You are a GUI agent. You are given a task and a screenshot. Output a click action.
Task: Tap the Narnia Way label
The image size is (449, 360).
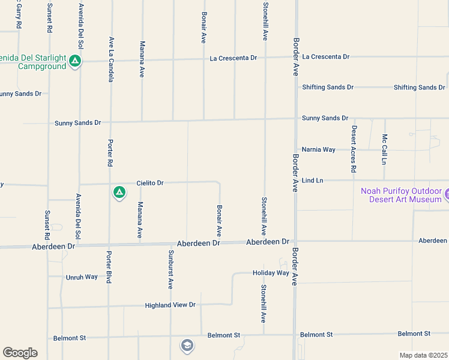(318, 149)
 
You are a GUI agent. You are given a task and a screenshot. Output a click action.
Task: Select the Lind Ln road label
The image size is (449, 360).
(312, 180)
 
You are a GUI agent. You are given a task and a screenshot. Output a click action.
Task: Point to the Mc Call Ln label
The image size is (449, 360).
(384, 149)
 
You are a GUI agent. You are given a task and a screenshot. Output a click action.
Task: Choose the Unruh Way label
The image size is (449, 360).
(81, 277)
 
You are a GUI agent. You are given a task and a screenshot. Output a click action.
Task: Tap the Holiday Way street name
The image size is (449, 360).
(271, 272)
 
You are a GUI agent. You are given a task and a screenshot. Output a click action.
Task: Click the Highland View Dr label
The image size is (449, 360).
(170, 305)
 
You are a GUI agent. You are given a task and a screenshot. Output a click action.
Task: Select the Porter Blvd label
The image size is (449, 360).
(109, 266)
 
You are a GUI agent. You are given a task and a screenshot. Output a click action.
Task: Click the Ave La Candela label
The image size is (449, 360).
(111, 59)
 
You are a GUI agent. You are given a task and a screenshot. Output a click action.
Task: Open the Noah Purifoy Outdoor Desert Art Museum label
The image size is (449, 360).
(401, 195)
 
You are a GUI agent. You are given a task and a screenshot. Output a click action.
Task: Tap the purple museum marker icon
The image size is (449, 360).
(447, 194)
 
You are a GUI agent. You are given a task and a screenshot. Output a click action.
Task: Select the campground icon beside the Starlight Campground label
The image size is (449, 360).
(75, 61)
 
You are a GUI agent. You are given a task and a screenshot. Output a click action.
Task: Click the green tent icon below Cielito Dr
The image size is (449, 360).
(119, 193)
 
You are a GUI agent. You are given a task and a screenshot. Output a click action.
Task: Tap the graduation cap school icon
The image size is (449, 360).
(187, 345)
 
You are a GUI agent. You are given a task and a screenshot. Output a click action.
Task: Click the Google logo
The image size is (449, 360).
(20, 353)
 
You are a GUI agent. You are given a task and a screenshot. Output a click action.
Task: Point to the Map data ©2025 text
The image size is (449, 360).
(423, 355)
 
